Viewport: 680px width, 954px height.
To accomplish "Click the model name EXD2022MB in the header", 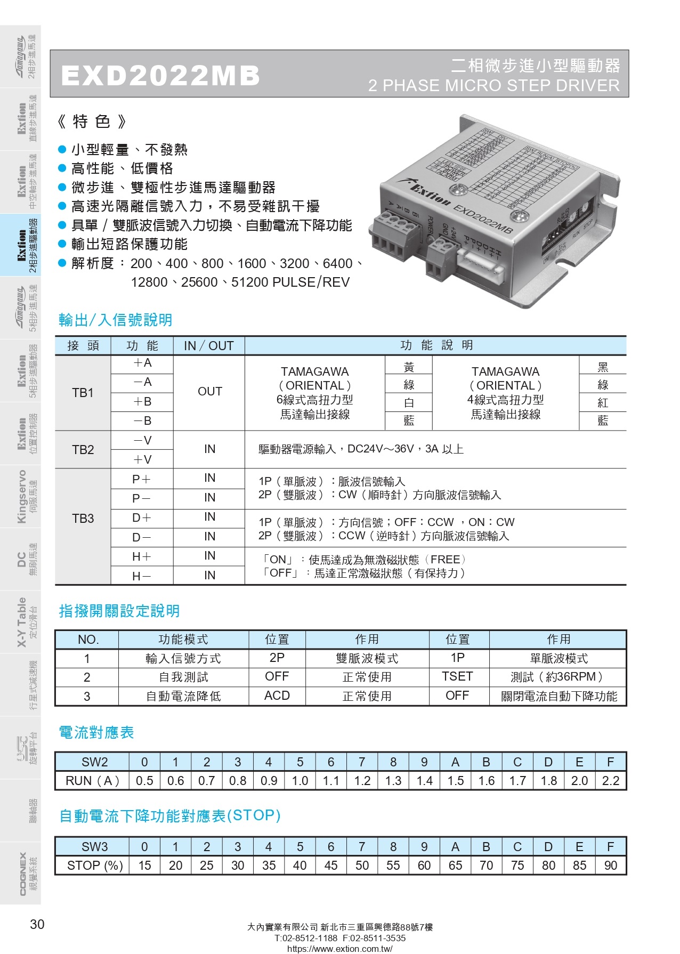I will [160, 75].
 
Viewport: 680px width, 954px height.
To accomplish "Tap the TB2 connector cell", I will [83, 450].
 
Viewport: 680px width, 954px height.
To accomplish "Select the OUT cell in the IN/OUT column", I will [209, 392].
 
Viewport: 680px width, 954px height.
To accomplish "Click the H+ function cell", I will [142, 556].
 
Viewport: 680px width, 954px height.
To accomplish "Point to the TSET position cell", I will [457, 676].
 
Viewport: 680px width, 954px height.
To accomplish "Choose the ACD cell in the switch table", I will [277, 696].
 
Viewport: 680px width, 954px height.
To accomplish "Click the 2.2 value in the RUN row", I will [610, 781].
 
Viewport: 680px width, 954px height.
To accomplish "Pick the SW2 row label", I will [94, 762].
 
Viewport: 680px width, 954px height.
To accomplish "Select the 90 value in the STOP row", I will [610, 866].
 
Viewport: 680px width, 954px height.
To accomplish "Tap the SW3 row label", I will [94, 847].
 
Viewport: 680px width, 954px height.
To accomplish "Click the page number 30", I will [37, 924].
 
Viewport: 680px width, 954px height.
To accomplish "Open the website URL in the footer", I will [339, 949].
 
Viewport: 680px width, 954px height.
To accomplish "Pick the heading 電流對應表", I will [96, 732].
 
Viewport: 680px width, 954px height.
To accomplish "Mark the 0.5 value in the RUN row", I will [144, 781].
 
